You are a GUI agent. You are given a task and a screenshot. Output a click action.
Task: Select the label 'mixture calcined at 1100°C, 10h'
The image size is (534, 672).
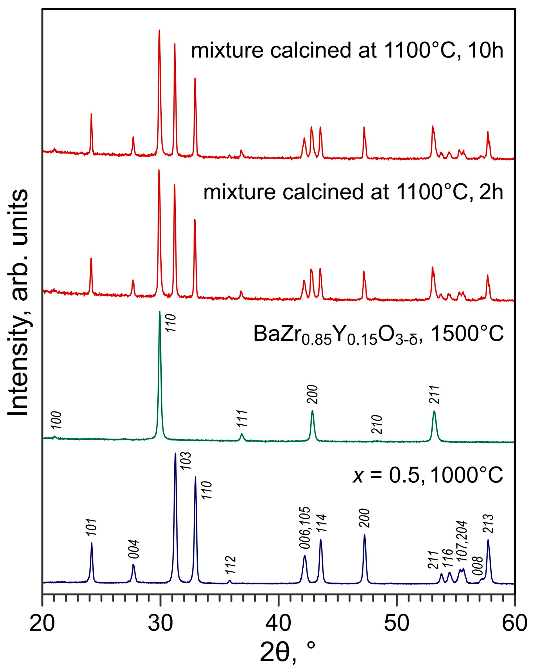(347, 51)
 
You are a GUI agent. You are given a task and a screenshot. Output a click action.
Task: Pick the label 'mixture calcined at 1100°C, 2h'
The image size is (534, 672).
(353, 192)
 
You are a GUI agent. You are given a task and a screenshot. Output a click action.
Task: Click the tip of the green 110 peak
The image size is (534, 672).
(160, 312)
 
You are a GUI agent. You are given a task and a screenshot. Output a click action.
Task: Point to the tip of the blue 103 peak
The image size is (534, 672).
(175, 454)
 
